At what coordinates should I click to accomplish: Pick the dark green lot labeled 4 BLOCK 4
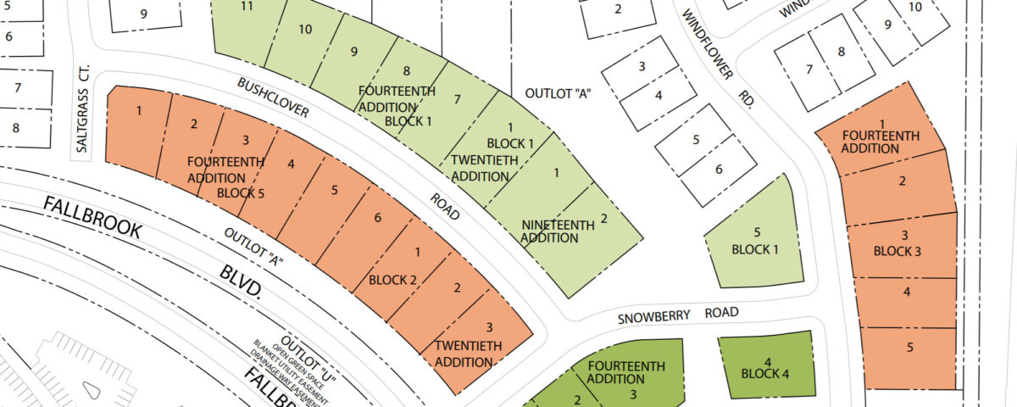[765, 365]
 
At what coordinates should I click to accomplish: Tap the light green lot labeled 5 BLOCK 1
[757, 242]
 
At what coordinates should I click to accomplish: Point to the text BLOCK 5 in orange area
[241, 192]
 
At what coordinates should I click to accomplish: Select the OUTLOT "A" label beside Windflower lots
[557, 93]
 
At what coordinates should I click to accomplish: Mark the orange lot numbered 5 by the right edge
[909, 347]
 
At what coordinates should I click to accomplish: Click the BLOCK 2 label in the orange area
[393, 280]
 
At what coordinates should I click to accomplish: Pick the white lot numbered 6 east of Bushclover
[718, 169]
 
